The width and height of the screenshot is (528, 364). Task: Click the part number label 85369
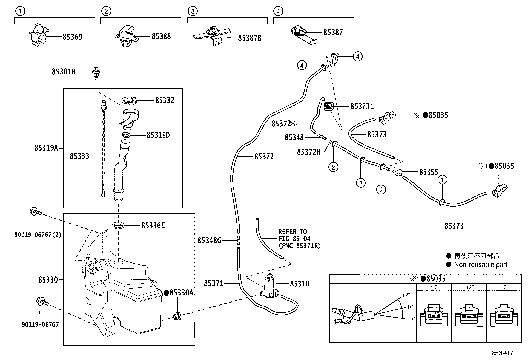[72, 37]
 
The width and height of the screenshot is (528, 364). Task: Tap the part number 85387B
[250, 38]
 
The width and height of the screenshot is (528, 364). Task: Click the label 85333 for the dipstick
[79, 156]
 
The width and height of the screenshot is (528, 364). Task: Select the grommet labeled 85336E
[118, 226]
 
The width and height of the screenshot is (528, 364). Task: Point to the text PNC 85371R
[299, 246]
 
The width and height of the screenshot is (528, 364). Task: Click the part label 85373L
[362, 106]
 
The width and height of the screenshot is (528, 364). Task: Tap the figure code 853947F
[504, 353]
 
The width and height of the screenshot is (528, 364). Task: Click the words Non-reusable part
[481, 264]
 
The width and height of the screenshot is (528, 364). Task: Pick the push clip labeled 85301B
[97, 71]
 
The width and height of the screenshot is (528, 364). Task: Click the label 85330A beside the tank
[181, 293]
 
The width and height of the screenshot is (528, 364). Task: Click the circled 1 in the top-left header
[20, 11]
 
